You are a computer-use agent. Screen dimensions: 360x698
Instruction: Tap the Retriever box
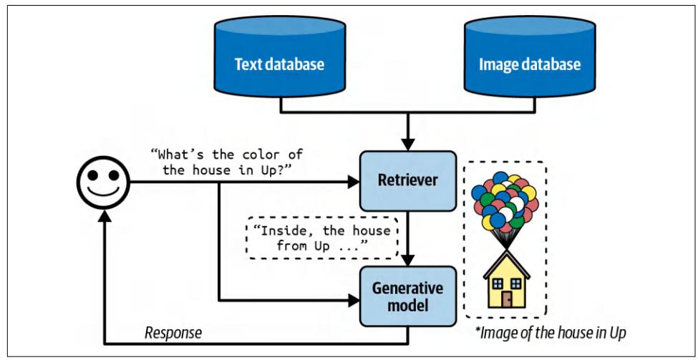pyautogui.click(x=407, y=183)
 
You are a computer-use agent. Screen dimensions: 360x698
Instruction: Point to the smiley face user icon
pyautogui.click(x=102, y=183)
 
